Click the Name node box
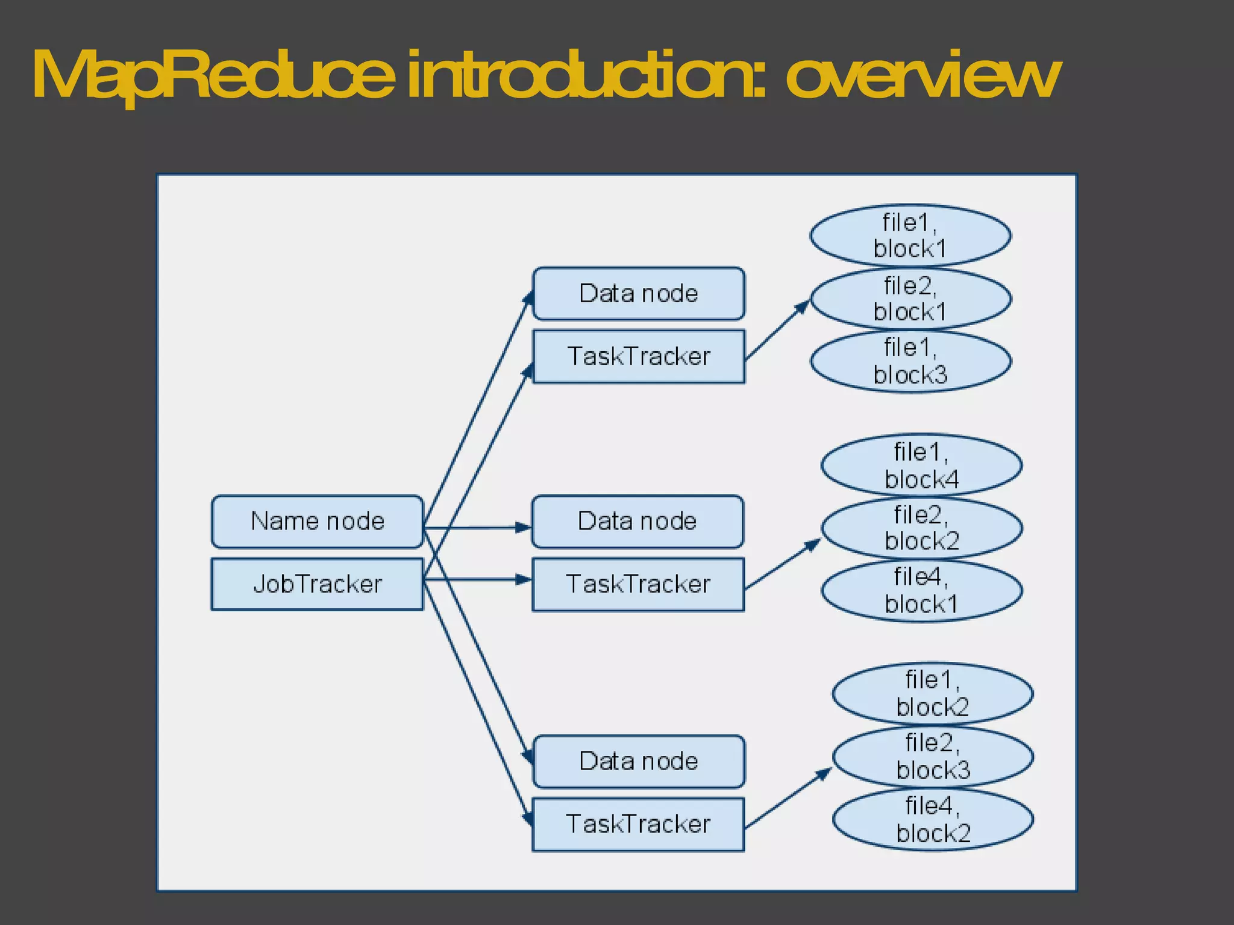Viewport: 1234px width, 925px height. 317,522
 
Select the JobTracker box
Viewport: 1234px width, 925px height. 317,584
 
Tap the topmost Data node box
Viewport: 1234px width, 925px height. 639,293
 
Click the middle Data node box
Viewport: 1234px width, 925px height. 637,522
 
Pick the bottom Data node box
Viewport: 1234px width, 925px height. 639,761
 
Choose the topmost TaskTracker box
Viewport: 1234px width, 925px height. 639,357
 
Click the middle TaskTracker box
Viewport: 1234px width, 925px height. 638,584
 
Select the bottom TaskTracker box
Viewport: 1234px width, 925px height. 638,824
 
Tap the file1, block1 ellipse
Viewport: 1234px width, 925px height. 910,235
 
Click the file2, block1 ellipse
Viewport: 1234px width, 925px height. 910,299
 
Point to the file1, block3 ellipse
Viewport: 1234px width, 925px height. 910,361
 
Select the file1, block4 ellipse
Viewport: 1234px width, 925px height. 921,465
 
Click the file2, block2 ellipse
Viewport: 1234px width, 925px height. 921,528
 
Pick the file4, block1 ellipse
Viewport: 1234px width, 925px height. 921,590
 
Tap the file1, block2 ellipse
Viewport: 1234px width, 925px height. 932,693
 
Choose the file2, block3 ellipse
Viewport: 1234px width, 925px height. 932,756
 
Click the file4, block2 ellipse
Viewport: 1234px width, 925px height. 932,819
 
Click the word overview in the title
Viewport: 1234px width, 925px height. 922,75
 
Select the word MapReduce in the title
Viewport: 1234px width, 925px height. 214,75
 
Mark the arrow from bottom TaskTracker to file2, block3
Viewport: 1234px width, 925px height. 788,799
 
